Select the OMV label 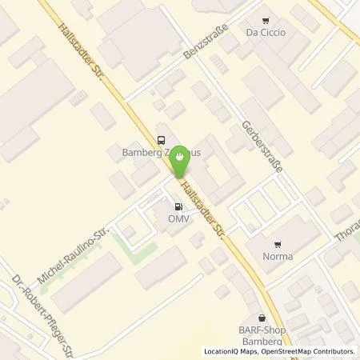coord(178,218)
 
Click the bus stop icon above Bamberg coord(162,137)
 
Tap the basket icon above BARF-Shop coord(261,317)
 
